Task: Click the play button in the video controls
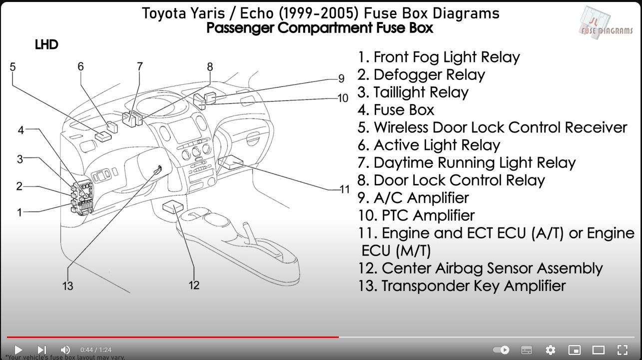point(18,349)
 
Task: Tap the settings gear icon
point(550,350)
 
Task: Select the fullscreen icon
point(623,350)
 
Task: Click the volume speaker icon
point(65,349)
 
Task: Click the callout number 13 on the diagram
point(67,286)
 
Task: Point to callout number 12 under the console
point(194,285)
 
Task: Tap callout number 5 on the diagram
point(12,67)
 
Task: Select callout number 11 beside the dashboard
point(345,189)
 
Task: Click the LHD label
point(46,44)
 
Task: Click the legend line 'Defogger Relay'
point(421,74)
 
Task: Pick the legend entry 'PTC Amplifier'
point(416,215)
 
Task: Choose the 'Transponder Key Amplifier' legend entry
point(462,285)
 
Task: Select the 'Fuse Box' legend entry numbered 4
point(396,110)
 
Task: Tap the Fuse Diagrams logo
point(607,23)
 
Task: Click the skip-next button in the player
point(42,349)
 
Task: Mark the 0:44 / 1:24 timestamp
point(96,349)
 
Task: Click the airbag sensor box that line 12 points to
point(173,206)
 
